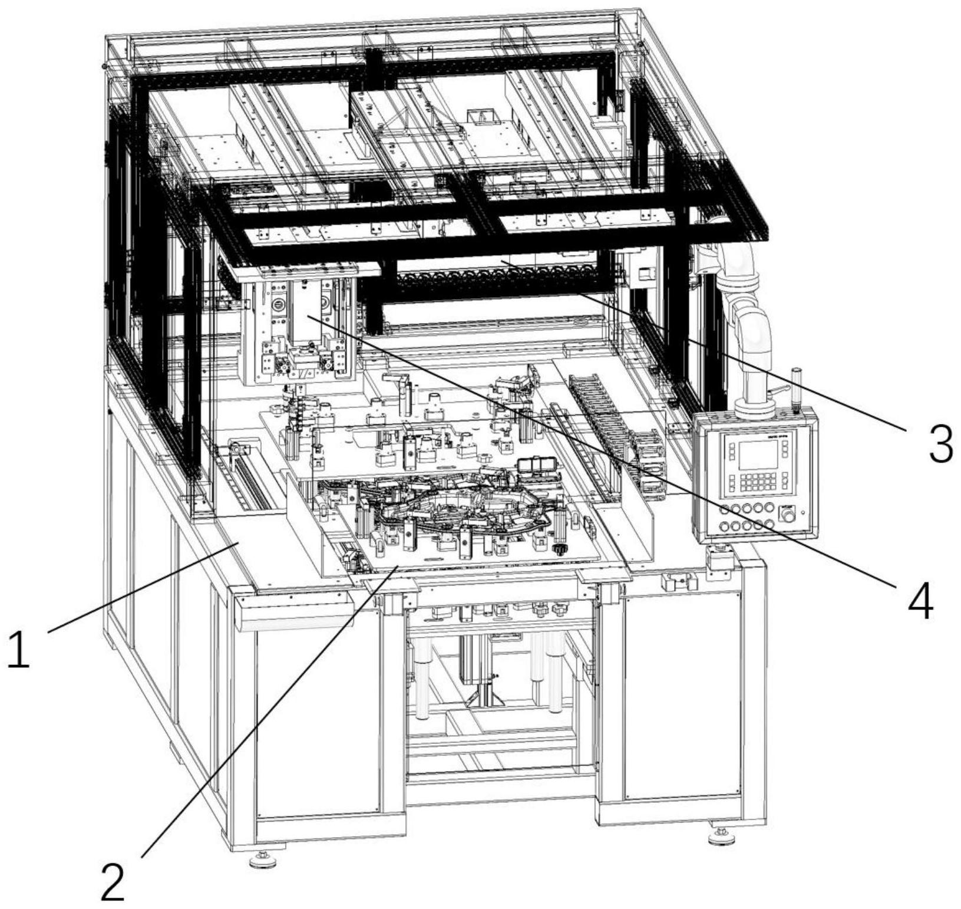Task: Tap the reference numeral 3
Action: [x=940, y=443]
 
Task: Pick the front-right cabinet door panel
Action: [x=682, y=696]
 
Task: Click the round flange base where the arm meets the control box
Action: [x=755, y=407]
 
